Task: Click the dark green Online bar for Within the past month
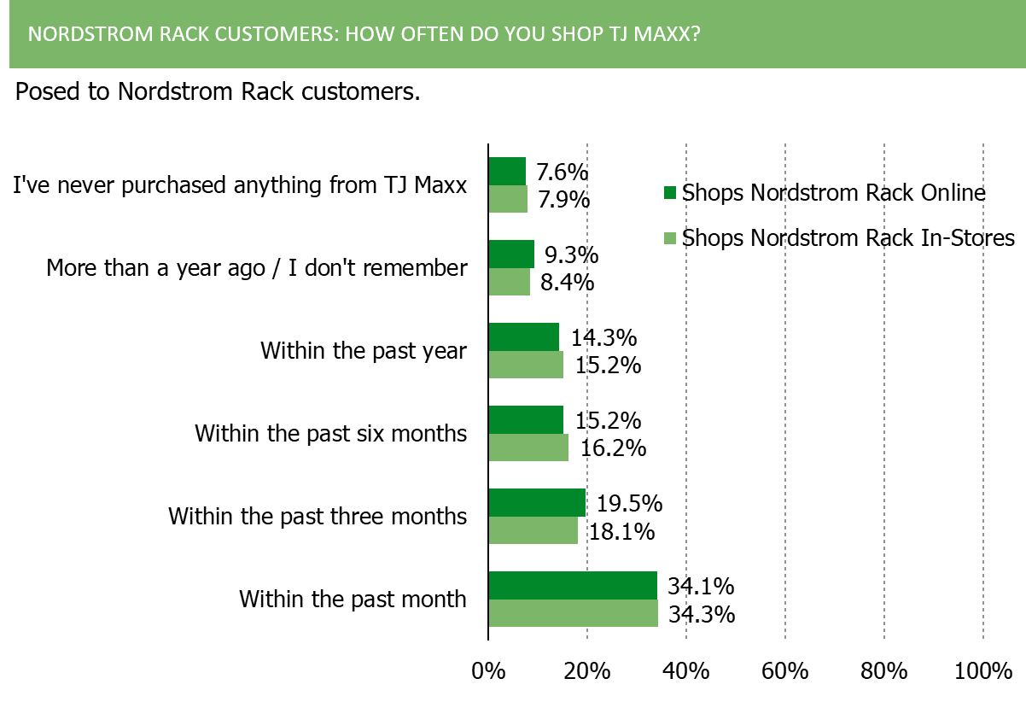[x=573, y=585]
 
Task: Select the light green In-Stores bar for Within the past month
[x=574, y=612]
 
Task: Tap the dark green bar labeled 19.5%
[x=537, y=503]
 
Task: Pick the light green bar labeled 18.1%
[x=533, y=530]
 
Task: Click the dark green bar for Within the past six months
[x=526, y=419]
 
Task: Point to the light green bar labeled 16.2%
[x=528, y=448]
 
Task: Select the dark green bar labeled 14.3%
[x=524, y=336]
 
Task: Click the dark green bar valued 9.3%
[x=511, y=254]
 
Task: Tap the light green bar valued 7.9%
[x=508, y=199]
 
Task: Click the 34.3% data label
[x=702, y=614]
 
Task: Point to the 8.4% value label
[x=567, y=282]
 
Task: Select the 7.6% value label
[x=563, y=173]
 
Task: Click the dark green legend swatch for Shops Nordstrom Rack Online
[x=670, y=192]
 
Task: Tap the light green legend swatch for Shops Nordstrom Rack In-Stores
[x=670, y=238]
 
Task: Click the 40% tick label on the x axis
[x=685, y=671]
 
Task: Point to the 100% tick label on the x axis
[x=983, y=671]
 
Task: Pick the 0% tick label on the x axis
[x=488, y=671]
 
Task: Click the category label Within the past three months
[x=318, y=517]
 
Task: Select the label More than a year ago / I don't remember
[x=257, y=268]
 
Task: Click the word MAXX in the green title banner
[x=667, y=34]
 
